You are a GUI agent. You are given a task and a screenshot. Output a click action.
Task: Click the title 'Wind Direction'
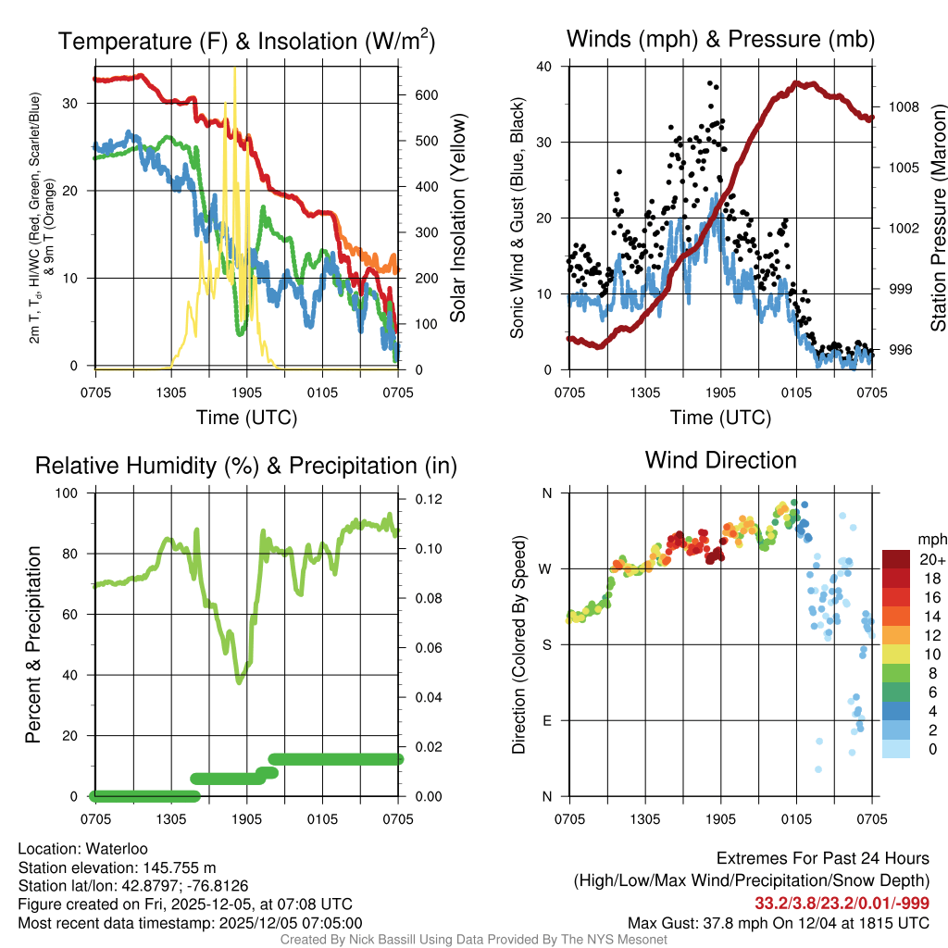(x=720, y=460)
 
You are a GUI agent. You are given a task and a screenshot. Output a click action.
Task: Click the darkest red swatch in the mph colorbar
(x=896, y=559)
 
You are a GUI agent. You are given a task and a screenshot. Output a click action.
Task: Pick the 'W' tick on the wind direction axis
(x=547, y=568)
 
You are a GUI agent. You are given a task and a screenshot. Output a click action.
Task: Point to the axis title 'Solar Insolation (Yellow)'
(x=457, y=218)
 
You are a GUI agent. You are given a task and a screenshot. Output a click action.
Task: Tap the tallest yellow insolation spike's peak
(x=235, y=69)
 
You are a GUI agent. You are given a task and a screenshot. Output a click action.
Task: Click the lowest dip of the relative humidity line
(x=240, y=681)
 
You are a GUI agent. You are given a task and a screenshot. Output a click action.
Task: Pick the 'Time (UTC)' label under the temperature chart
(x=246, y=418)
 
